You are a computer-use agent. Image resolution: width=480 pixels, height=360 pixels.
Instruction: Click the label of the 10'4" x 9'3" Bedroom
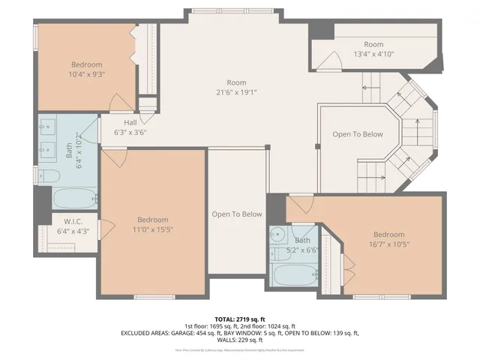pos(86,70)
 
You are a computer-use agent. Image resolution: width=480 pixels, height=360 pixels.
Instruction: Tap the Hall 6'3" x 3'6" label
pos(130,127)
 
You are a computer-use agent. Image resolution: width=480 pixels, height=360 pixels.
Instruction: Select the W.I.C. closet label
pos(73,226)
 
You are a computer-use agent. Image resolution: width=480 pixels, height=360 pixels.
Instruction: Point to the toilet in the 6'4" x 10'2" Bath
pos(49,176)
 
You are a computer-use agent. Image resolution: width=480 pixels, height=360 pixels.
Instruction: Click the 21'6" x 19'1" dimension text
pos(236,92)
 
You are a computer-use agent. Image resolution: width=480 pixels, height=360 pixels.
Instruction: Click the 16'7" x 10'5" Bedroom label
pos(388,239)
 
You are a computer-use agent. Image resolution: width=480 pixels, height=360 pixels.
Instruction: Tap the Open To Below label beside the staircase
pos(358,135)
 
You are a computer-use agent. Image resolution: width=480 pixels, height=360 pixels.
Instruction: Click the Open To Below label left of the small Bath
pos(237,214)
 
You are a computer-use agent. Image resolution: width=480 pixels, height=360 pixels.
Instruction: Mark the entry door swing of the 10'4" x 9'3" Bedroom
pos(119,103)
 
